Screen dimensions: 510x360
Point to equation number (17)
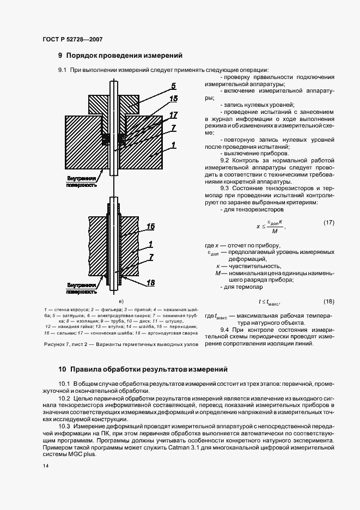pyautogui.click(x=328, y=223)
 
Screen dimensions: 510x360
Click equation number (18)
pyautogui.click(x=328, y=301)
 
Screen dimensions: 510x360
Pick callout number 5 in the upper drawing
pyautogui.click(x=173, y=86)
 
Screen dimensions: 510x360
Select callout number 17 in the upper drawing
pyautogui.click(x=174, y=116)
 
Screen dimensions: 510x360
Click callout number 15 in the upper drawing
pyautogui.click(x=174, y=99)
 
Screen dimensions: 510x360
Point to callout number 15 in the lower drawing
pyautogui.click(x=150, y=225)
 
